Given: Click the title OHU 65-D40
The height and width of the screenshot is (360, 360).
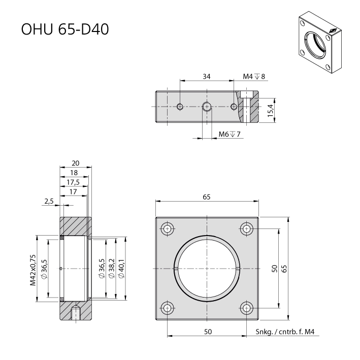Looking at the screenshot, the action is click(65, 29).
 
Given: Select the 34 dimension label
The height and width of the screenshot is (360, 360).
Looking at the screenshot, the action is click(206, 77).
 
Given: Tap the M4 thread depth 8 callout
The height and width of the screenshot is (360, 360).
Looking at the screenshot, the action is click(254, 77).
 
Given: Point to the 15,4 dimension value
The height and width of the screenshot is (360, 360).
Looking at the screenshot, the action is click(271, 110).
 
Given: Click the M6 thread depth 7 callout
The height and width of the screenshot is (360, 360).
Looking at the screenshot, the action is click(230, 134).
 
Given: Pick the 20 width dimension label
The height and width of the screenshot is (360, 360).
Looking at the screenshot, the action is click(75, 163).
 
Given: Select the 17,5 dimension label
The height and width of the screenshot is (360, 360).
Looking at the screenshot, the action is click(73, 182).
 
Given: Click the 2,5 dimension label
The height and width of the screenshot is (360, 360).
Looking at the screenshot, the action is click(49, 202).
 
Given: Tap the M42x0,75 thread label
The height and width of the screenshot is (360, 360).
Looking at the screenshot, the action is click(33, 270).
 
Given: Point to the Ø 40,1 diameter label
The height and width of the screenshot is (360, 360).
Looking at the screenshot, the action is click(121, 269).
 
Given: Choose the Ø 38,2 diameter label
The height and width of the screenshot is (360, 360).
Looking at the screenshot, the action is click(111, 269).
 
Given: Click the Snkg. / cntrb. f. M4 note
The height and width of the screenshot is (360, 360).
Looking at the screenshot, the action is click(285, 332).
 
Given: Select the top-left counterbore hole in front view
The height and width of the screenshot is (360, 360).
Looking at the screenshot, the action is click(168, 229).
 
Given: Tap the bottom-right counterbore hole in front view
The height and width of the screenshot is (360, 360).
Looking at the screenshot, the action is click(247, 308).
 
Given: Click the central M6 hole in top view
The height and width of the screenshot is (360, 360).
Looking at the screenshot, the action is click(207, 107).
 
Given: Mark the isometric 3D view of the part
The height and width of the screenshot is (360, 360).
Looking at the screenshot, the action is click(320, 42).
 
